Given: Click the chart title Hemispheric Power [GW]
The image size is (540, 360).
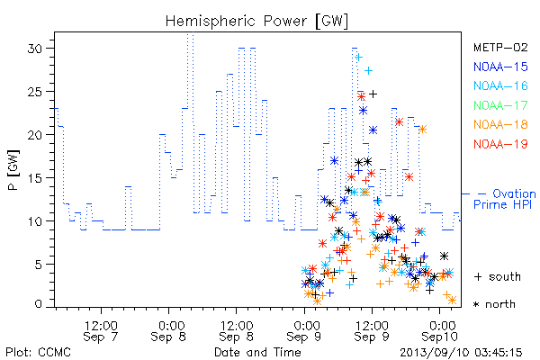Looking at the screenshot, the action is tap(256, 22).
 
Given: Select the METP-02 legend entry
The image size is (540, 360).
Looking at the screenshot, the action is tap(500, 47).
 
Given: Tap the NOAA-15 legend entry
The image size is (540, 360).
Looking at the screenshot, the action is tap(500, 67).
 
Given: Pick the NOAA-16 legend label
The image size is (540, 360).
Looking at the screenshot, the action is tap(500, 85).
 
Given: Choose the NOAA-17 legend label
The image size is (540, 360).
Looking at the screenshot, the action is tap(500, 105).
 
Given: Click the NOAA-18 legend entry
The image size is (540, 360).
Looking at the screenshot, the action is tap(500, 124).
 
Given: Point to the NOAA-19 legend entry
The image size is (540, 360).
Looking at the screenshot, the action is tap(500, 144).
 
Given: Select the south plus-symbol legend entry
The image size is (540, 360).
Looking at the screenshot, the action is tap(498, 276).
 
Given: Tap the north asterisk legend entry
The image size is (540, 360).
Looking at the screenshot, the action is tap(494, 304).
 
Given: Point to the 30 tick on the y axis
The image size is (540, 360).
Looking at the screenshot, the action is tap(35, 49).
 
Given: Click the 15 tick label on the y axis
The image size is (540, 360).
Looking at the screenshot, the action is tap(35, 178).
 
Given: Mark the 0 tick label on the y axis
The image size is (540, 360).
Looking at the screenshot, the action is tap(39, 304).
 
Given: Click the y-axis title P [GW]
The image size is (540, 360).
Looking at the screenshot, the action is tap(13, 170).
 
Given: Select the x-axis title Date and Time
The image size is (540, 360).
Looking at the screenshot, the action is tap(257, 352).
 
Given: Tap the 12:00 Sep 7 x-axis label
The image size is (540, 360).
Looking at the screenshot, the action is tap(101, 330).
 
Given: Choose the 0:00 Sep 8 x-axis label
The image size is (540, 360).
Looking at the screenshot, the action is tap(168, 330).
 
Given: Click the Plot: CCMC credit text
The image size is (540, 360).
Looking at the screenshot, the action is tap(38, 352).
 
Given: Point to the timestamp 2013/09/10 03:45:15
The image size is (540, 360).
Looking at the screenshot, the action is tap(461, 352).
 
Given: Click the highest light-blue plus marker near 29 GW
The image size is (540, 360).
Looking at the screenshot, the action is tap(359, 58).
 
